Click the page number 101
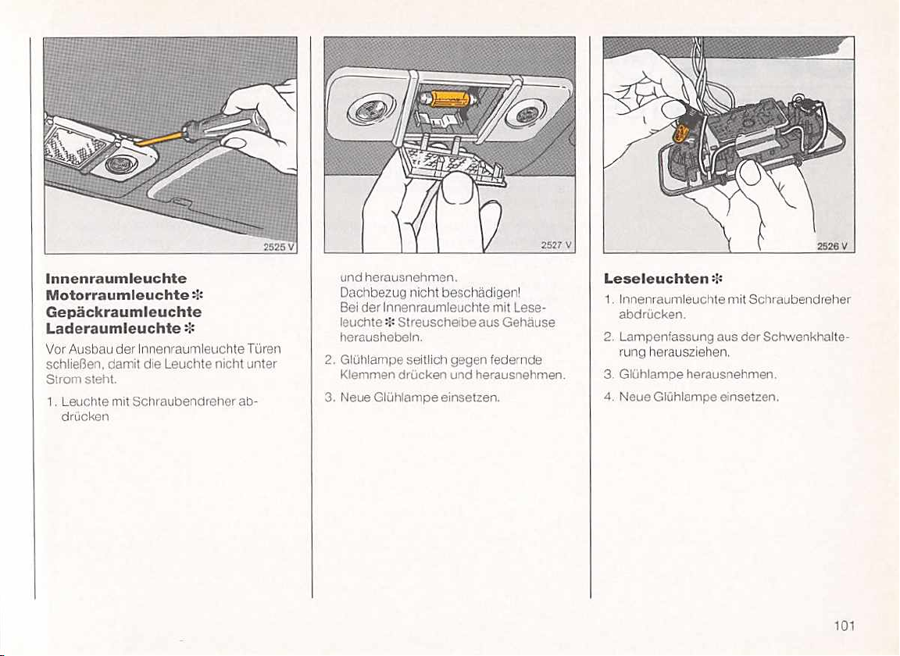[845, 626]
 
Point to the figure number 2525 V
[278, 248]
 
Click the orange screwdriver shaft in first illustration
[159, 139]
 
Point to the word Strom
[58, 379]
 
